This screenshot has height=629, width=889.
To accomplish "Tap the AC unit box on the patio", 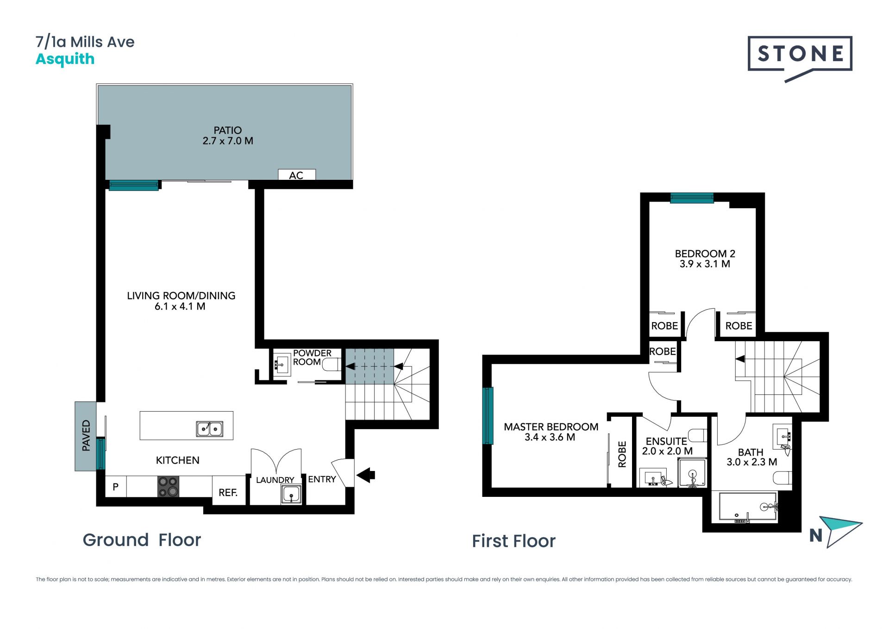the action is click(297, 175).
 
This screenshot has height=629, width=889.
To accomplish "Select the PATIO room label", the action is click(228, 130).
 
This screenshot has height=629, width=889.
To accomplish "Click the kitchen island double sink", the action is click(210, 429).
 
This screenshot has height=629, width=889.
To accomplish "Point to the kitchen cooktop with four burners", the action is click(168, 487).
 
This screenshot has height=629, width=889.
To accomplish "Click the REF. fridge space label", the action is click(228, 493).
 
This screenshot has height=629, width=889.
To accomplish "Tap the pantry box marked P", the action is click(116, 487).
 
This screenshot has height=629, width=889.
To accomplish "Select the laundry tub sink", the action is click(291, 495).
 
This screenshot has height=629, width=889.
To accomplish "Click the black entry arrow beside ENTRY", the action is click(366, 475).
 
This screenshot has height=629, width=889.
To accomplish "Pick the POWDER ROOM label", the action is click(312, 357).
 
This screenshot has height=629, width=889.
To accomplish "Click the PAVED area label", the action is click(86, 435).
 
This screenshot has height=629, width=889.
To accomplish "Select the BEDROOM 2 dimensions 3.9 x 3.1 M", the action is click(705, 264).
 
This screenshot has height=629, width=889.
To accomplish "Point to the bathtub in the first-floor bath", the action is click(747, 508).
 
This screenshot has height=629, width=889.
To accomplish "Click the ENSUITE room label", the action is click(666, 441).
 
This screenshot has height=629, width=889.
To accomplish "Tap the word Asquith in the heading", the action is click(65, 60).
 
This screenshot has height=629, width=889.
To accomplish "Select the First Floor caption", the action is click(513, 541).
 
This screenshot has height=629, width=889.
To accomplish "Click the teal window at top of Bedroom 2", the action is click(692, 198).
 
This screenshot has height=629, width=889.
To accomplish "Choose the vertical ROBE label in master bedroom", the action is click(622, 454).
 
